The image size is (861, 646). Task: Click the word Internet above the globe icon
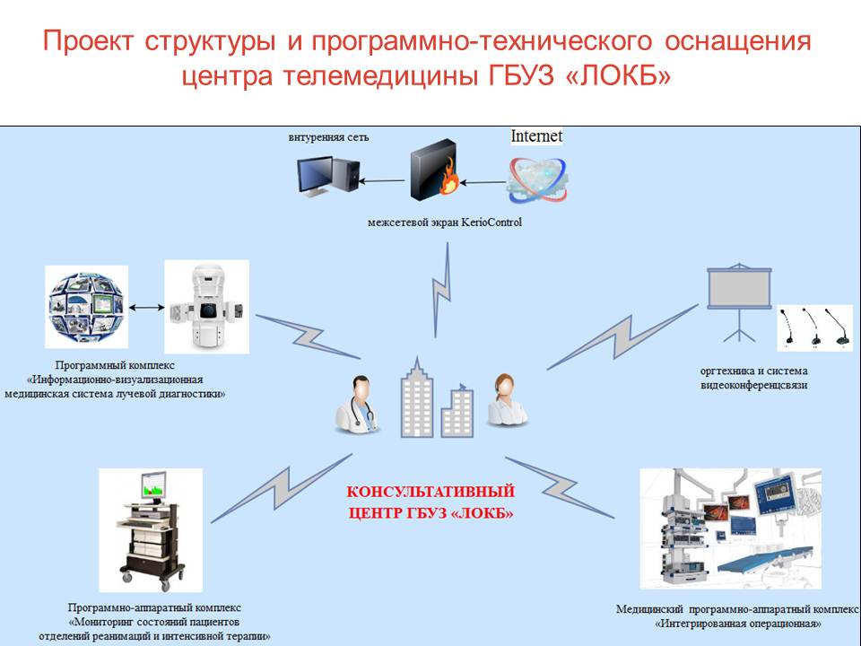536,136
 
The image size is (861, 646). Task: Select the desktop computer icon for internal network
328,175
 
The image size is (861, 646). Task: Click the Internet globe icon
536,178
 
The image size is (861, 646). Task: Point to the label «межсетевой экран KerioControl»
444,223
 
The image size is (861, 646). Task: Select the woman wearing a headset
507,400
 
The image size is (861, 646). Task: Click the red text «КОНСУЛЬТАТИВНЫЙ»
430,492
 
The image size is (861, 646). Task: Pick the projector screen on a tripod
737,301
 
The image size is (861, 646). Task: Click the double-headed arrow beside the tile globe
146,308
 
